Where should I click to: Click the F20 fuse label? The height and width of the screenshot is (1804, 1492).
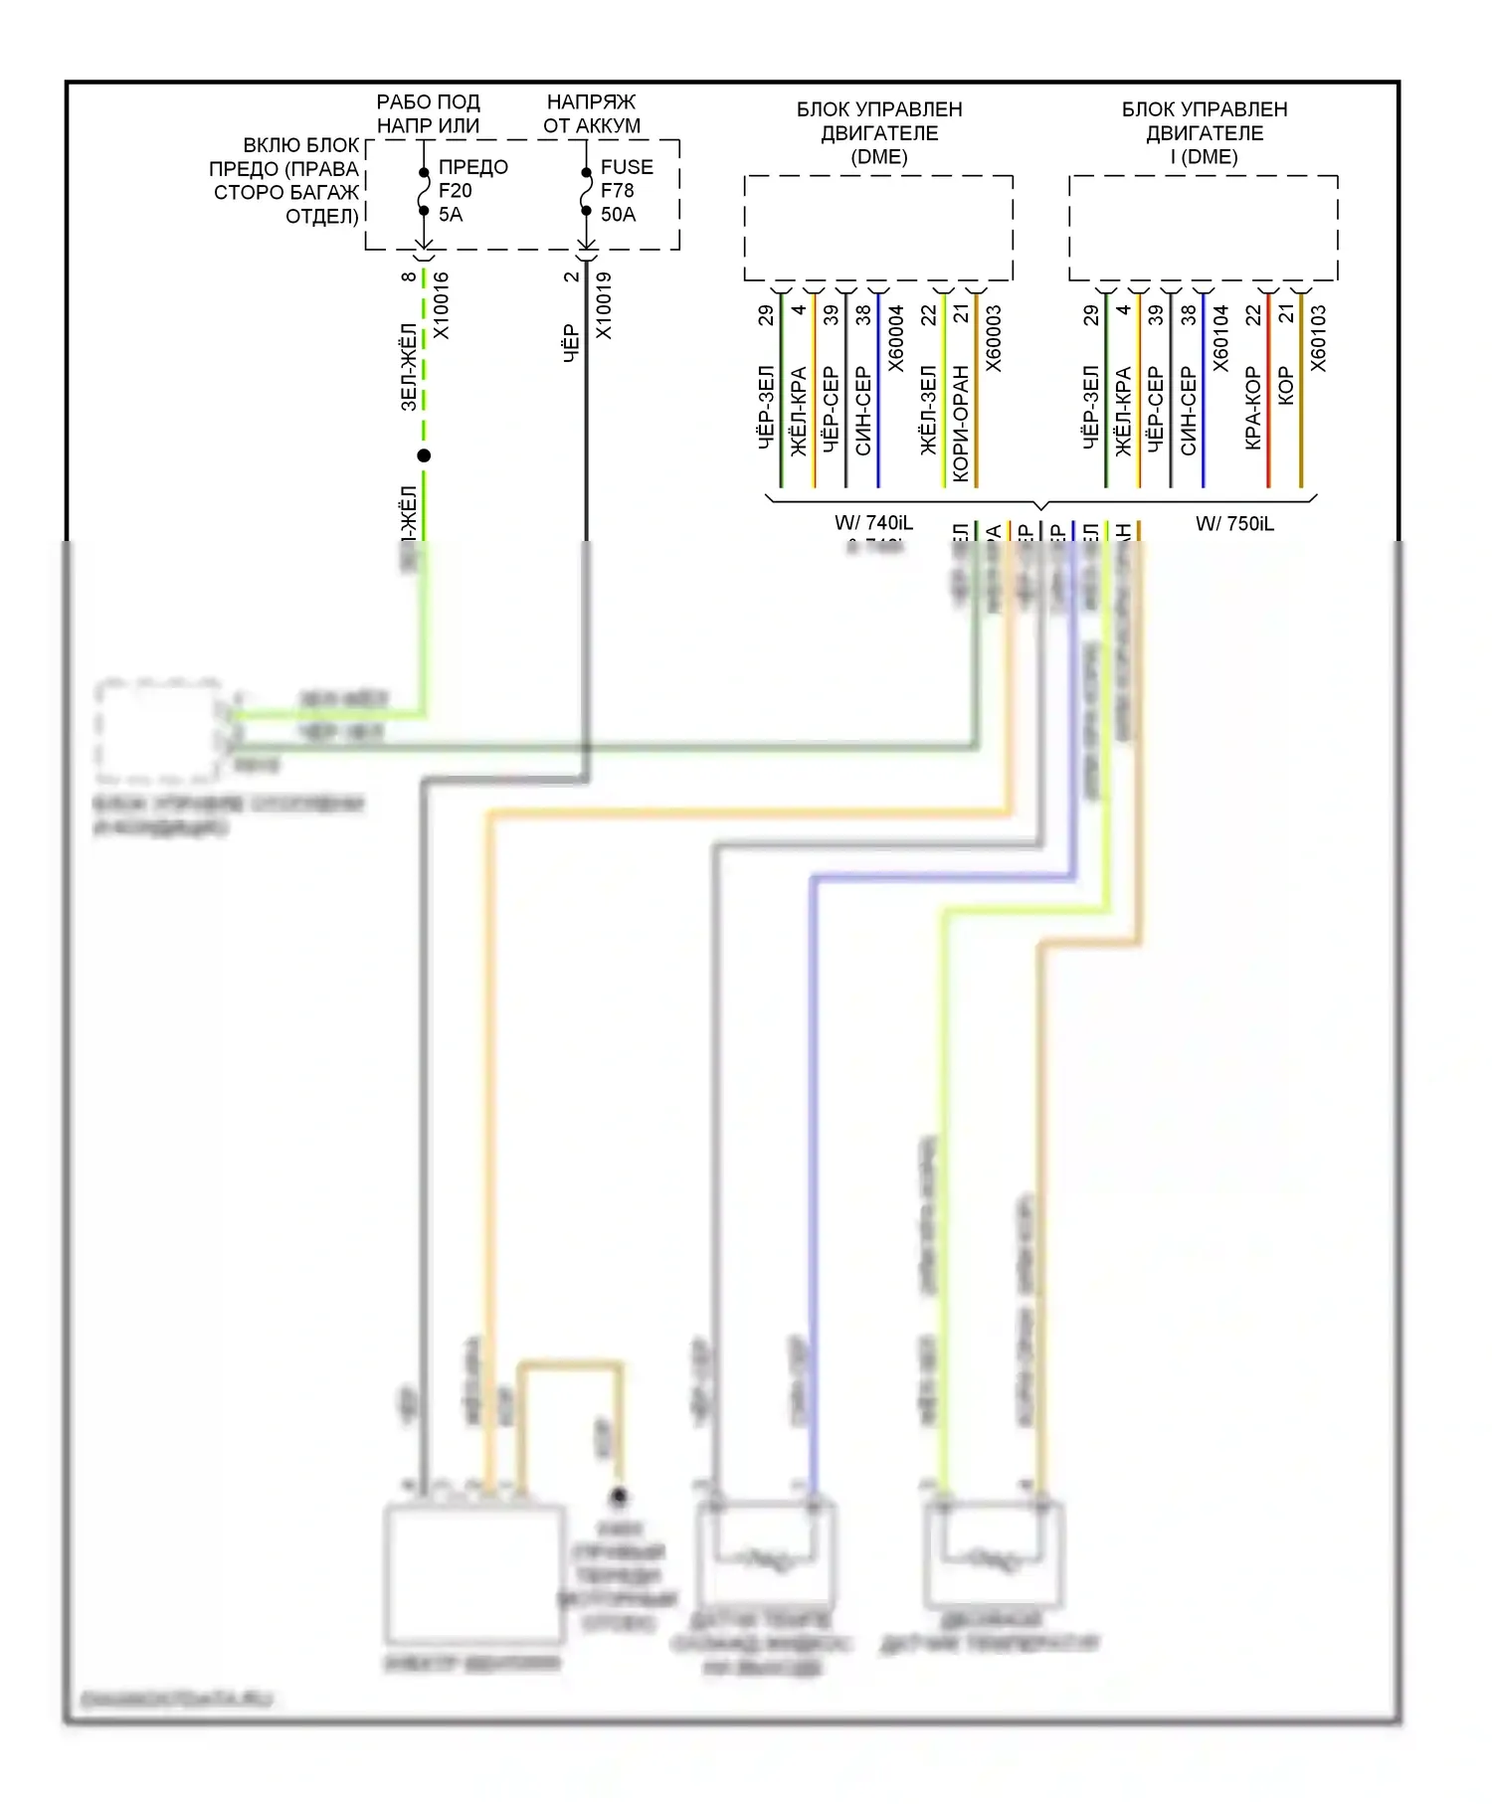coord(456,190)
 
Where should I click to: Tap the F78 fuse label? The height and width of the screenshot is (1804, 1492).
coord(618,190)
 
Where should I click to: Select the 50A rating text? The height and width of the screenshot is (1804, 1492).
coord(618,214)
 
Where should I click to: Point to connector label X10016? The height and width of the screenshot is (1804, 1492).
coord(441,305)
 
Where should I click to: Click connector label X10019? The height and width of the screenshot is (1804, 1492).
coord(603,305)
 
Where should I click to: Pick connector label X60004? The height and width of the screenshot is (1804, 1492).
coord(895,338)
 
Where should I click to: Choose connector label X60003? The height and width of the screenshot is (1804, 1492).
coord(993,338)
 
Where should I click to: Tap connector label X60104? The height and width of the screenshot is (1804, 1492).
coord(1220,338)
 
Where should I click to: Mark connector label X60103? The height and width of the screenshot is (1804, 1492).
coord(1318,338)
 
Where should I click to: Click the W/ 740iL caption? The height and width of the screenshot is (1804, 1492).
coord(873,522)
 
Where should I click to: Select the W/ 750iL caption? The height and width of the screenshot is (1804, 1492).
coord(1234,523)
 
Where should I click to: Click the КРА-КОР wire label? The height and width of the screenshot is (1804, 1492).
coord(1252,408)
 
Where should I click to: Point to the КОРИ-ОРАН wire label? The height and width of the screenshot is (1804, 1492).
coord(960,424)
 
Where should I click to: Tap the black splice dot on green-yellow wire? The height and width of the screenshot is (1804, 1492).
coord(424,455)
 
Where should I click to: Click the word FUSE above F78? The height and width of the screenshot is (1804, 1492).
coord(627,167)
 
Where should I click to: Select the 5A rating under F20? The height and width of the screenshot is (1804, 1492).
coord(451,214)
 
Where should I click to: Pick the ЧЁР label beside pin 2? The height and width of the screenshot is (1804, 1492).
coord(571,342)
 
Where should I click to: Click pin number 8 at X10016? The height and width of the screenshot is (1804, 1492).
coord(408,276)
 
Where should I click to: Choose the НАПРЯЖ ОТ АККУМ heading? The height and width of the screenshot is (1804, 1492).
coord(592,113)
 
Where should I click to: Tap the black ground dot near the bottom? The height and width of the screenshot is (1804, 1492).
coord(619,1495)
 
